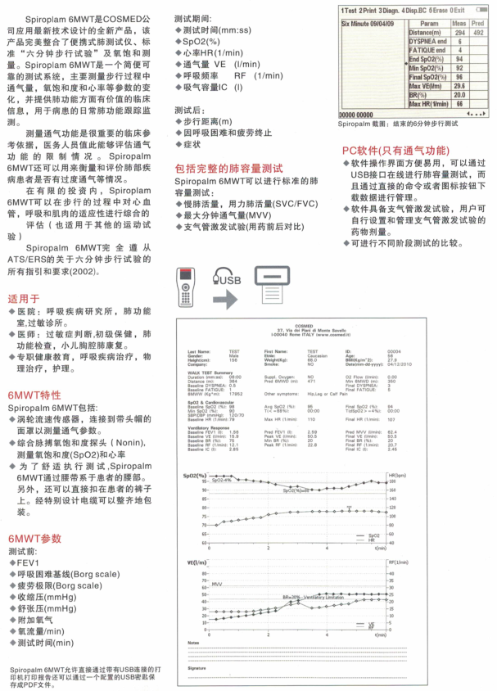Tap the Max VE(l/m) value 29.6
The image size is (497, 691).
point(459,86)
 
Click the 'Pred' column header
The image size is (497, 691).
point(479,23)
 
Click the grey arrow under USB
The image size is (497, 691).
point(225,300)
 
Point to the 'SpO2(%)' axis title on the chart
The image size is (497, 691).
point(195,475)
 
